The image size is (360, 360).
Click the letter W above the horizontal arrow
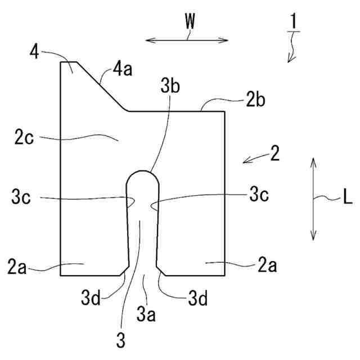190,22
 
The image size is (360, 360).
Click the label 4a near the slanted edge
121,71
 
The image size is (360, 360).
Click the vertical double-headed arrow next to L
313,199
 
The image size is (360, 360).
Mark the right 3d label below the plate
197,298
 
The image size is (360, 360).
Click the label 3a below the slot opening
146,313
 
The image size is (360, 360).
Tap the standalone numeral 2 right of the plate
274,153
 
